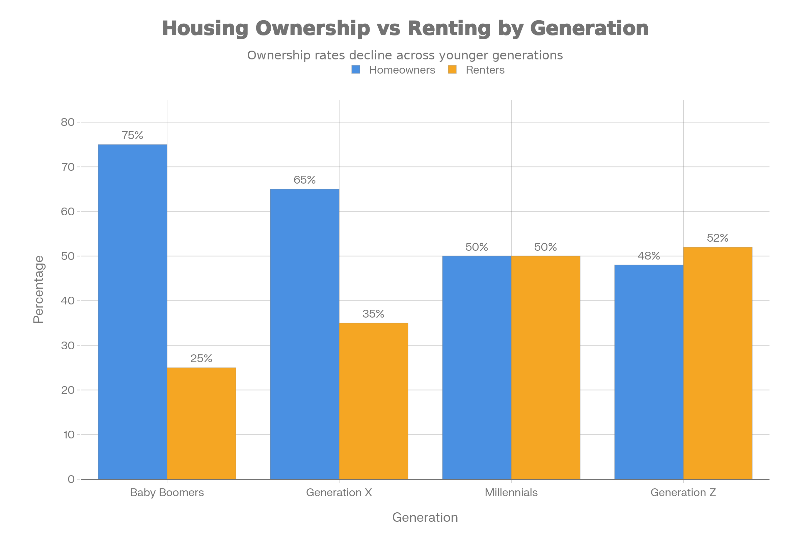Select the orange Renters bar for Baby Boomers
pos(201,423)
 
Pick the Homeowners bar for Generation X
pos(304,334)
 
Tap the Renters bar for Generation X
pos(374,401)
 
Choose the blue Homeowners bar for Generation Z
pos(649,372)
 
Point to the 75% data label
pos(133,135)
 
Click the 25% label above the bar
pos(201,358)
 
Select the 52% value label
pos(718,238)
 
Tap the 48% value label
pos(649,256)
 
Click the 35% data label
pos(374,314)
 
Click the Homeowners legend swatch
pos(356,70)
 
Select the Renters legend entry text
pos(485,70)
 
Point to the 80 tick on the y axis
pos(68,122)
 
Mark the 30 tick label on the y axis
pos(68,345)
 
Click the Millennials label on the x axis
pos(511,492)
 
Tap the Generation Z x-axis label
pos(683,492)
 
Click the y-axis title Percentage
pos(38,289)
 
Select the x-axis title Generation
pos(425,517)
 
